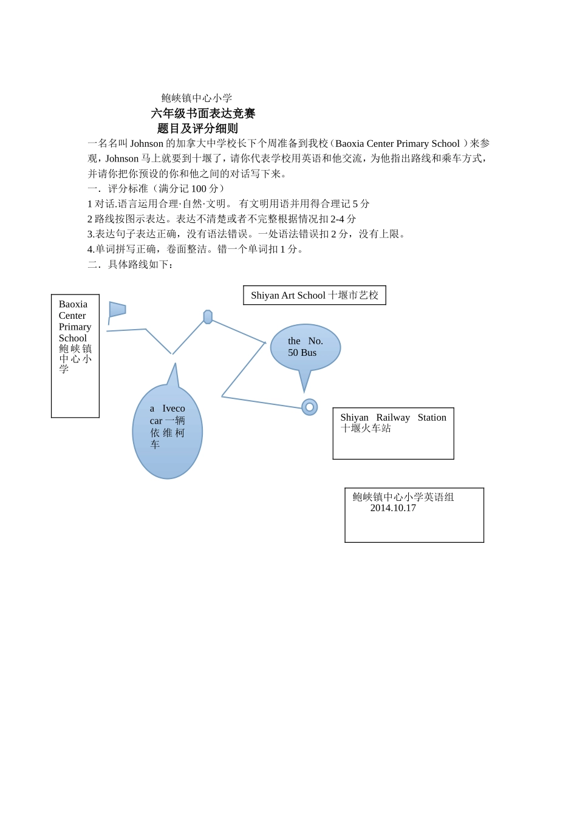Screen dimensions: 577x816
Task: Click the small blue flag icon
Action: pos(117,310)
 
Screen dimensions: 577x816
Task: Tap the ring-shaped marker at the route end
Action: pos(310,407)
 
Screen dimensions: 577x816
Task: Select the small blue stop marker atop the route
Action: pos(208,317)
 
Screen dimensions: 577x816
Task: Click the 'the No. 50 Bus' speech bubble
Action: pos(305,347)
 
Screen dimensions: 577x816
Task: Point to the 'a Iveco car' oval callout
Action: pos(167,431)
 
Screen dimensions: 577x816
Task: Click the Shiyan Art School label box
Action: pos(315,296)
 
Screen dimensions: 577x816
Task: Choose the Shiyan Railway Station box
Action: pos(393,433)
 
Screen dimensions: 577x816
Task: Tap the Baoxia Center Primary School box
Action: pos(75,356)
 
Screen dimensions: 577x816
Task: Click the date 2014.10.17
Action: pos(393,508)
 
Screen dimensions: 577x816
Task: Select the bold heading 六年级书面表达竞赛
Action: pos(203,114)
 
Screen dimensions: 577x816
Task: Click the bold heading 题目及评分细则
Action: pos(197,129)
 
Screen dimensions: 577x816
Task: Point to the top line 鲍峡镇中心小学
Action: pos(197,98)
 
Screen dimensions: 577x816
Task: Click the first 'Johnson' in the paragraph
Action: pos(146,144)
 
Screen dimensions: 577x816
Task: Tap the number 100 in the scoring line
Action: pos(199,189)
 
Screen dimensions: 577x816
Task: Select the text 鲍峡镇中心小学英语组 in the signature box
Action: pos(403,497)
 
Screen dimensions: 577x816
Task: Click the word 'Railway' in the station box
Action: pos(393,418)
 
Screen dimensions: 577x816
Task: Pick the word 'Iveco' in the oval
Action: pos(174,409)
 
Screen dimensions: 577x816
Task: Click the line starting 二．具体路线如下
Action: pos(131,265)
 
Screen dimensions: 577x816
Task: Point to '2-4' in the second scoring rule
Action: pos(337,219)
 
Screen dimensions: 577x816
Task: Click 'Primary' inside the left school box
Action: pos(75,327)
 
